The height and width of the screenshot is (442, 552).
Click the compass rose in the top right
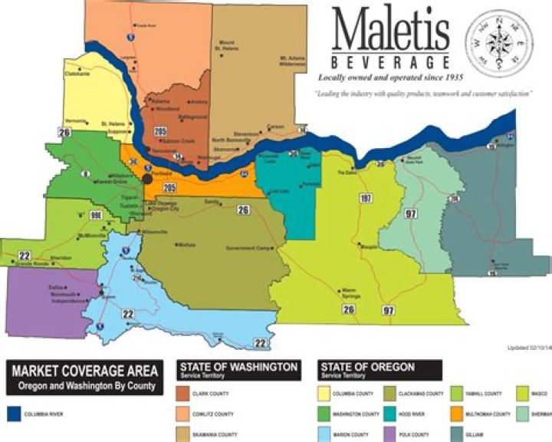(x=501, y=44)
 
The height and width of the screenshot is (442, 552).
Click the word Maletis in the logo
(x=390, y=32)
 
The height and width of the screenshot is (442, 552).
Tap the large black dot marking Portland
(x=146, y=178)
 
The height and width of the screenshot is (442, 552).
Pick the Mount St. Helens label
(x=227, y=45)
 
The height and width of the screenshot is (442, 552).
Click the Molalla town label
(x=187, y=244)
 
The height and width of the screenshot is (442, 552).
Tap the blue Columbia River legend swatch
(x=11, y=414)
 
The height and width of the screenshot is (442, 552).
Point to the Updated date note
(x=528, y=348)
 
